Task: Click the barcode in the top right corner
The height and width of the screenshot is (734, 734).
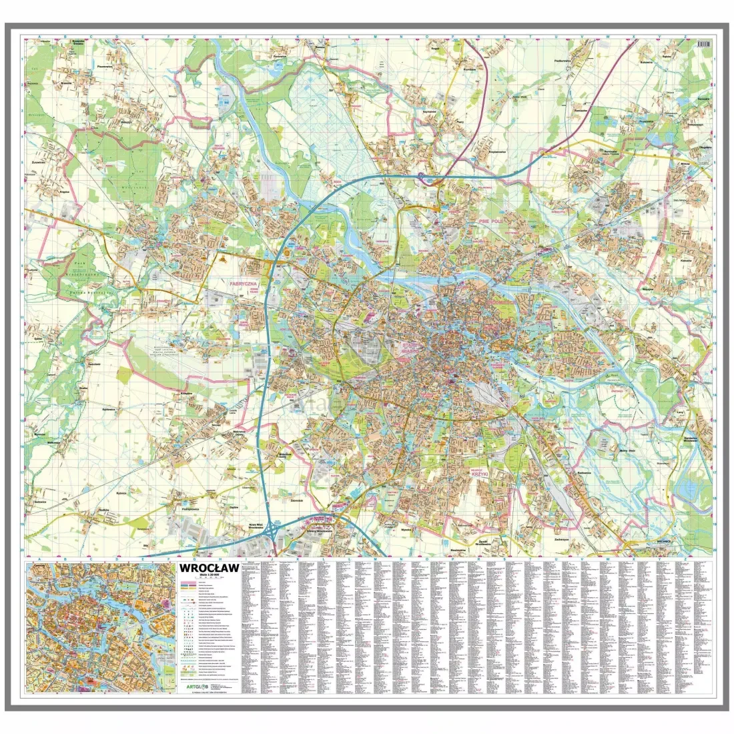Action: (701, 42)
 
